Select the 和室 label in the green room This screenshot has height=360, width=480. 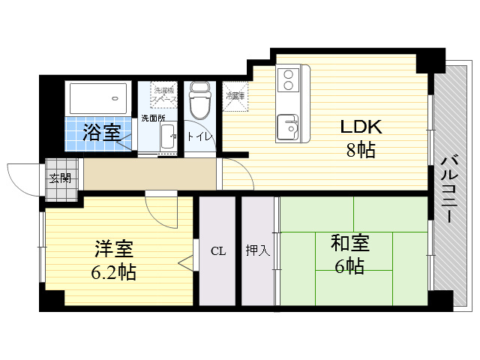(350, 242)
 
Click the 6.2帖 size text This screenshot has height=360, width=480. (114, 272)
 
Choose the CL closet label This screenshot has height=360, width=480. (217, 251)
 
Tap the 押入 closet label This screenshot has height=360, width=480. (258, 251)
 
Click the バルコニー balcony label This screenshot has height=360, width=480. (448, 187)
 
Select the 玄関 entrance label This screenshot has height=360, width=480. (60, 178)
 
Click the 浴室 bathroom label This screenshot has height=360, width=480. (101, 133)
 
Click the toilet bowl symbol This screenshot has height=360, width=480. (200, 101)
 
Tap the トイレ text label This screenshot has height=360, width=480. (199, 136)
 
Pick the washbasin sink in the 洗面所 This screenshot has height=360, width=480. (169, 136)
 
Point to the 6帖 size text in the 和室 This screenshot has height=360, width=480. (350, 265)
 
